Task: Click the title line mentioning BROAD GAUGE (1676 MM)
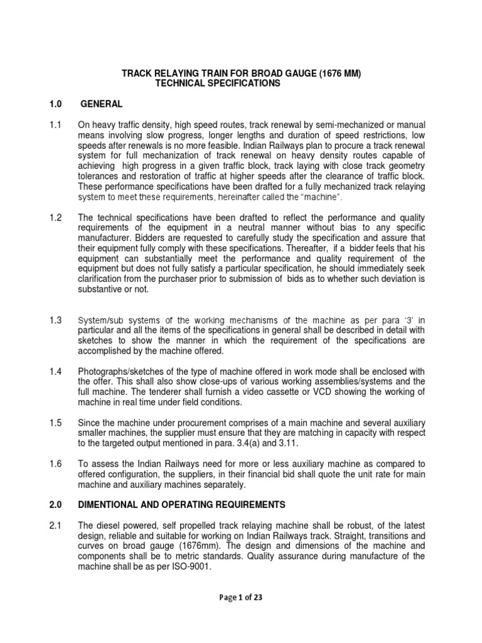[x=241, y=74]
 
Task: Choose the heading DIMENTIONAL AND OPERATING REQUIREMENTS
[x=181, y=504]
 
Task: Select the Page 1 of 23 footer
[x=241, y=598]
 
